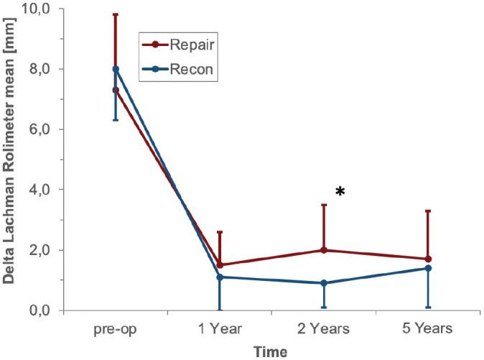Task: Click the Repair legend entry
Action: point(182,45)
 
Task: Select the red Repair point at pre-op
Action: point(115,91)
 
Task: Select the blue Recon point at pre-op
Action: point(115,69)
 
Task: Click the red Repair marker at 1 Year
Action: point(219,265)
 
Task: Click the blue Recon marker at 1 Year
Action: point(219,277)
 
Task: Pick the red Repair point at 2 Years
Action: point(324,250)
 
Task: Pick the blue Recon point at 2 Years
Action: point(324,283)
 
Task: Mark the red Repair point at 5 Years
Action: point(428,259)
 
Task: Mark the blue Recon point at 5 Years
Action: point(428,268)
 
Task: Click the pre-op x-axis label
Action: point(115,329)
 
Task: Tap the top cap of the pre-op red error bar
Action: point(115,14)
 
